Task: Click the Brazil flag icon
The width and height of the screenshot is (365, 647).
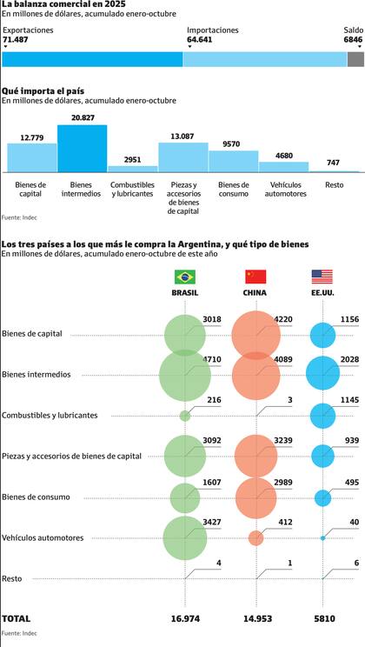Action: pos(185,277)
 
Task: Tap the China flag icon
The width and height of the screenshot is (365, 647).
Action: pos(255,277)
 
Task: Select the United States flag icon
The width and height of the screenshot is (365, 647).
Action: pos(322,277)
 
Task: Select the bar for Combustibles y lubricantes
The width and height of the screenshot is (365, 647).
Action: pos(132,168)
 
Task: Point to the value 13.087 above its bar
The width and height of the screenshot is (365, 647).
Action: pos(182,136)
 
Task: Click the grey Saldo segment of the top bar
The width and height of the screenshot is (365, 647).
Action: pos(355,59)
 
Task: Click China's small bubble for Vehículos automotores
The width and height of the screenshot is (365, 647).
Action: pos(255,538)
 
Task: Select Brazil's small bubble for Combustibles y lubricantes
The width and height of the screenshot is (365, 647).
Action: pos(185,416)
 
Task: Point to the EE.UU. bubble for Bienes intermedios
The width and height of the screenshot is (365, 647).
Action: pos(322,374)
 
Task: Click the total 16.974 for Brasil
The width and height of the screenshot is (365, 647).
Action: pos(185,618)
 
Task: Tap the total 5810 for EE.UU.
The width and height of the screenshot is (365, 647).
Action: pos(322,618)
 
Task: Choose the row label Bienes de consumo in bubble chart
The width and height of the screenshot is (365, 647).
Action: pos(36,497)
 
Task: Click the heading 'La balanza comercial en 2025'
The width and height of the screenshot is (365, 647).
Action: pos(57,5)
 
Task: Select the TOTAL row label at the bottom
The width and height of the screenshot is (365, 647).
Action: pos(17,618)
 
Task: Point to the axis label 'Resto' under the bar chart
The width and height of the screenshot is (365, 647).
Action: pos(334,184)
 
